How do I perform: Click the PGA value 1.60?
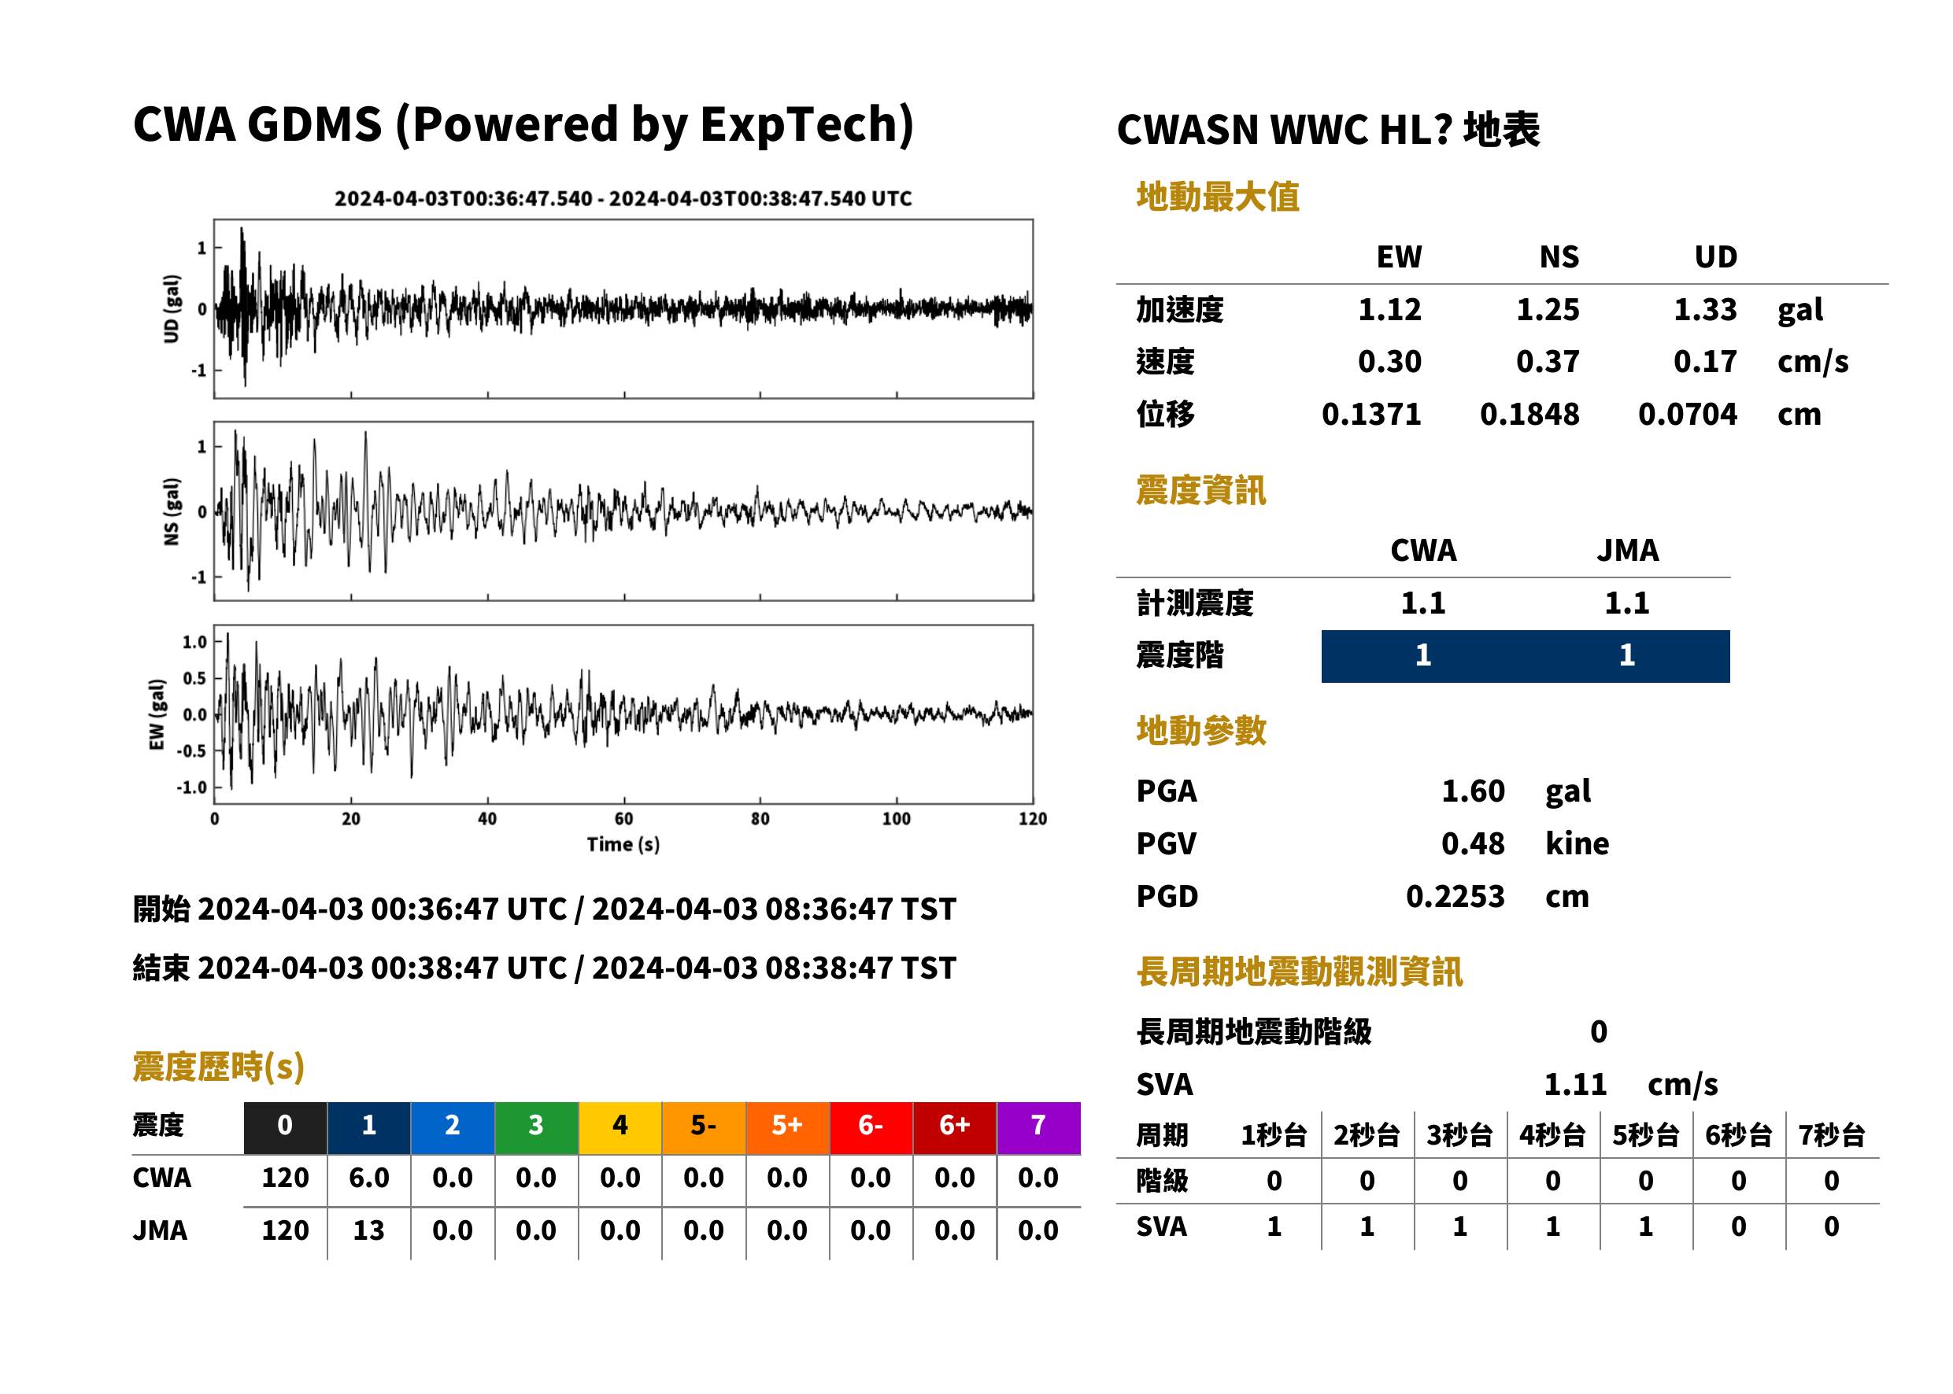click(x=1473, y=791)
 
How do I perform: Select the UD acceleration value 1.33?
click(x=1705, y=309)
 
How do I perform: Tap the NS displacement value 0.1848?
click(x=1529, y=415)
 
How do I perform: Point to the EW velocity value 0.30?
click(x=1389, y=361)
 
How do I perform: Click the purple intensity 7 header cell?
click(x=1038, y=1125)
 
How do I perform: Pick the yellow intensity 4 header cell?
click(x=620, y=1125)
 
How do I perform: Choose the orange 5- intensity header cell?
click(x=704, y=1125)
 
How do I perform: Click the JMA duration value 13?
click(x=368, y=1231)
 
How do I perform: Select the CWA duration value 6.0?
click(x=368, y=1178)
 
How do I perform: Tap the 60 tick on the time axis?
click(x=623, y=819)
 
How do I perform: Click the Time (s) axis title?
click(x=623, y=845)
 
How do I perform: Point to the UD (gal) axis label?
click(x=172, y=309)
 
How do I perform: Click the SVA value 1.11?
click(x=1575, y=1085)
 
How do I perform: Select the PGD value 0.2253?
click(x=1455, y=897)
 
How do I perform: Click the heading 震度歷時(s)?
click(x=218, y=1067)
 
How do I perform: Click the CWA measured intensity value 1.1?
click(x=1423, y=603)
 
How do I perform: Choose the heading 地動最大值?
click(x=1218, y=197)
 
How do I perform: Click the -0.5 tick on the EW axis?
click(x=191, y=751)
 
